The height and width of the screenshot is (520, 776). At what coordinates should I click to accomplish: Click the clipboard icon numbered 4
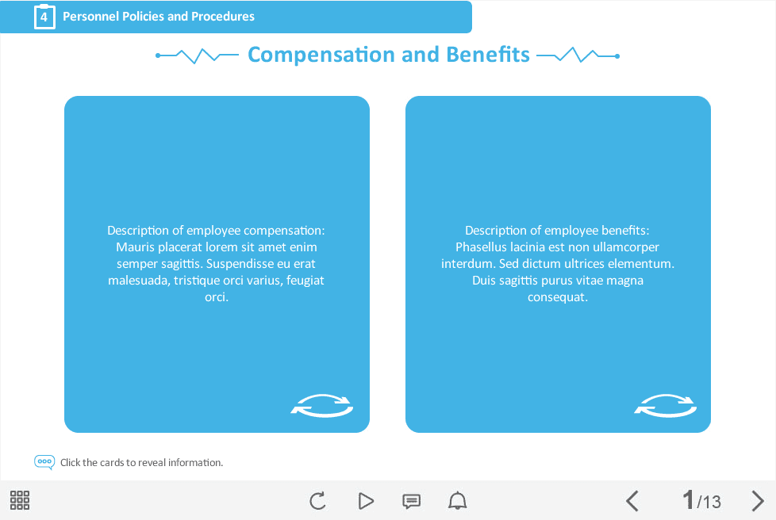[x=44, y=17]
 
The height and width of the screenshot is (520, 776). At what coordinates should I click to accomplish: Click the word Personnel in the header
[x=90, y=17]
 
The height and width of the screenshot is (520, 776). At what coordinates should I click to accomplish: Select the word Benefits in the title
[x=488, y=55]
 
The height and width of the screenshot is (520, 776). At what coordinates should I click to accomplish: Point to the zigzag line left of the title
[x=197, y=55]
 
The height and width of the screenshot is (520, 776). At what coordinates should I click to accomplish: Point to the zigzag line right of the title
[x=578, y=55]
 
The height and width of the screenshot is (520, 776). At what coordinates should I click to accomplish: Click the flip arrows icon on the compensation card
[x=321, y=405]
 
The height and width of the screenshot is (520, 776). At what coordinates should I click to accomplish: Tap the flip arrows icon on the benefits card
[x=665, y=405]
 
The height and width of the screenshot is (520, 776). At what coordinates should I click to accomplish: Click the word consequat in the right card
[x=556, y=297]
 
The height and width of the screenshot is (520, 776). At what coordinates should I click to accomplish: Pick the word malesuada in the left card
[x=138, y=281]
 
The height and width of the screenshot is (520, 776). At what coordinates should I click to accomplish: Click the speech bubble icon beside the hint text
[x=44, y=462]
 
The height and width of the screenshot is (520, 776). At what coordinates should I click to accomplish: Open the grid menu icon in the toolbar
[x=20, y=500]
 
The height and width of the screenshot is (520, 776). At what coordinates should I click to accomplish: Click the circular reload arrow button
[x=317, y=501]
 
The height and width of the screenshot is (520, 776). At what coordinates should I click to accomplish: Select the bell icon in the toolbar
[x=457, y=501]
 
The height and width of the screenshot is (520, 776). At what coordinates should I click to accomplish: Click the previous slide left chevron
[x=632, y=501]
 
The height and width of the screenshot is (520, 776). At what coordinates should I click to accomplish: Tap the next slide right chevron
[x=758, y=501]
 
